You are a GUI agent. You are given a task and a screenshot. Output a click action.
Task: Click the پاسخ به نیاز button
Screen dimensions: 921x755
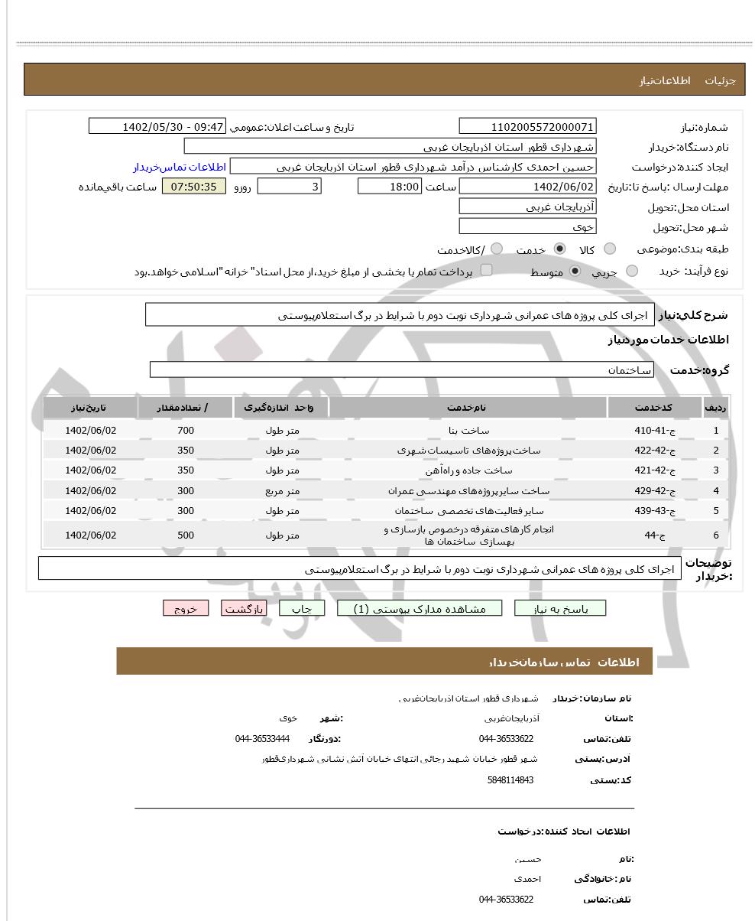pyautogui.click(x=560, y=608)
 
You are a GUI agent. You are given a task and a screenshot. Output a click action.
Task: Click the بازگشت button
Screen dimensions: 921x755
pyautogui.click(x=243, y=608)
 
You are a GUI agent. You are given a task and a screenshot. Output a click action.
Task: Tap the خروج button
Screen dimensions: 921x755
pyautogui.click(x=186, y=608)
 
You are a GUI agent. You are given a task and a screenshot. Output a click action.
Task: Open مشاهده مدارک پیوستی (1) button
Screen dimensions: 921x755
pyautogui.click(x=420, y=608)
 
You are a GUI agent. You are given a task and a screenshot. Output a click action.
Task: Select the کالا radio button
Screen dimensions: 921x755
pyautogui.click(x=609, y=249)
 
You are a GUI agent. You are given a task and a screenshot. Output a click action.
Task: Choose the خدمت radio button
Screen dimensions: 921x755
pyautogui.click(x=560, y=249)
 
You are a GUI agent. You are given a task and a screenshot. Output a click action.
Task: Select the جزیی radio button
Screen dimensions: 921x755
pyautogui.click(x=632, y=271)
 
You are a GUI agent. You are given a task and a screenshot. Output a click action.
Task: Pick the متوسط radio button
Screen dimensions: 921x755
pyautogui.click(x=575, y=271)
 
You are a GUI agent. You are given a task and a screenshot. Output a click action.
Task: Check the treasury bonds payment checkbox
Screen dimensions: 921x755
pyautogui.click(x=486, y=270)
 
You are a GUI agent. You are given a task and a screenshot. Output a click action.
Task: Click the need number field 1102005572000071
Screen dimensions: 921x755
pyautogui.click(x=527, y=127)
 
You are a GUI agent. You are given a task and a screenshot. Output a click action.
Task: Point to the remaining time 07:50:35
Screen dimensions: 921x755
pyautogui.click(x=193, y=187)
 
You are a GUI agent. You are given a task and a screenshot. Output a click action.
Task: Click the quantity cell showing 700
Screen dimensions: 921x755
pyautogui.click(x=186, y=431)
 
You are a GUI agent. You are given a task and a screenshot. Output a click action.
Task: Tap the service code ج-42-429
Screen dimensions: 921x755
pyautogui.click(x=654, y=491)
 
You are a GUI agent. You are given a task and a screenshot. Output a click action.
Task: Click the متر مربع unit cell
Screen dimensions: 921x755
pyautogui.click(x=282, y=491)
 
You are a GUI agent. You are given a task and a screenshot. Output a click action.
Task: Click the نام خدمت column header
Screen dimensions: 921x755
pyautogui.click(x=467, y=408)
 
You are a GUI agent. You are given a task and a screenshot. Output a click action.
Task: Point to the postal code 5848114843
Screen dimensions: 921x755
pyautogui.click(x=510, y=780)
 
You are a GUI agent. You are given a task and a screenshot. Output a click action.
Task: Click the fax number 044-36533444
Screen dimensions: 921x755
pyautogui.click(x=262, y=739)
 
